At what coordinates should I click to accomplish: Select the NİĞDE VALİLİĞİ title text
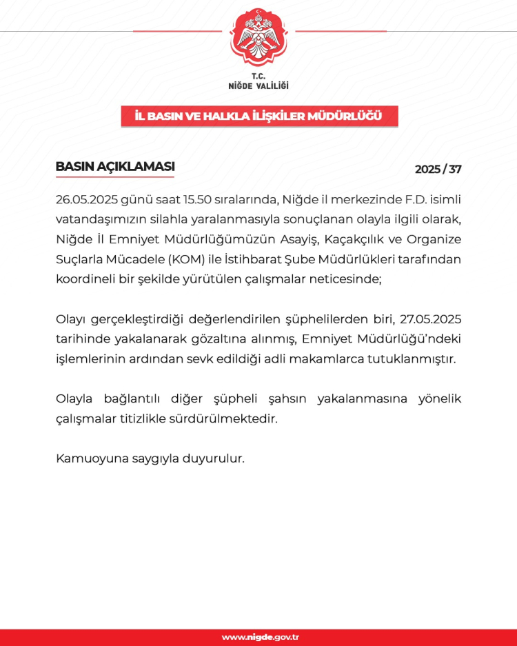tap(258, 85)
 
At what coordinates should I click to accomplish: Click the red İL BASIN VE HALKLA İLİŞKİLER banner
tap(259, 117)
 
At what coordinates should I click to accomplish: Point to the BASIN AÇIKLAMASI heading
tap(114, 167)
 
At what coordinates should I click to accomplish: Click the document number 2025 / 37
tap(438, 170)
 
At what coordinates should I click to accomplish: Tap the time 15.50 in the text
tap(189, 200)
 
